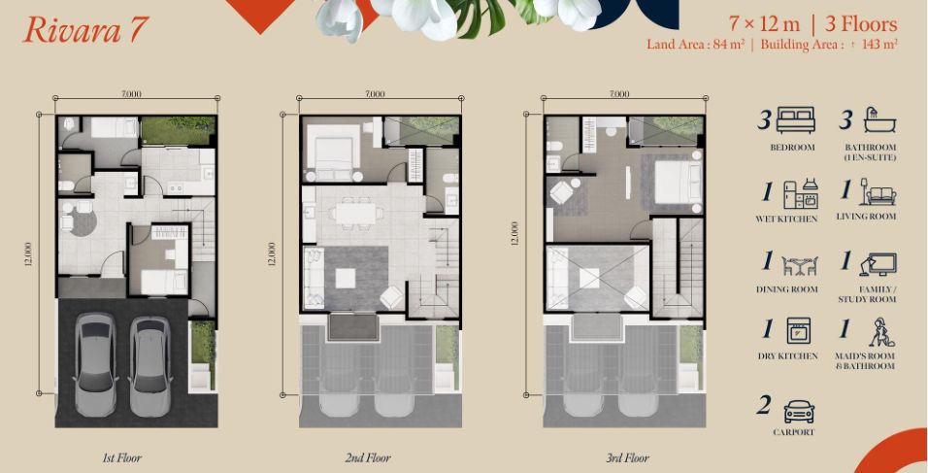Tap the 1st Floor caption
click(x=122, y=457)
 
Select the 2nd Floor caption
click(x=368, y=457)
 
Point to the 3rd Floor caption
click(x=627, y=457)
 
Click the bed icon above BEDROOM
click(x=795, y=119)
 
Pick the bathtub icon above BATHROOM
click(x=879, y=120)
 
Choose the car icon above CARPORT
click(x=799, y=411)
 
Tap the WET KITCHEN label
click(x=786, y=220)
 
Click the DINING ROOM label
click(x=786, y=289)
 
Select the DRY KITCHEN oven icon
click(x=798, y=330)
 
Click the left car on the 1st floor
click(x=95, y=364)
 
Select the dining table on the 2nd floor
click(x=355, y=213)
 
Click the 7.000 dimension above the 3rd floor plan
click(x=619, y=93)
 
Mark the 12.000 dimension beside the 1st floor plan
click(x=28, y=253)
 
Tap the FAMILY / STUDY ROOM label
click(x=867, y=294)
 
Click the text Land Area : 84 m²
click(x=695, y=45)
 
